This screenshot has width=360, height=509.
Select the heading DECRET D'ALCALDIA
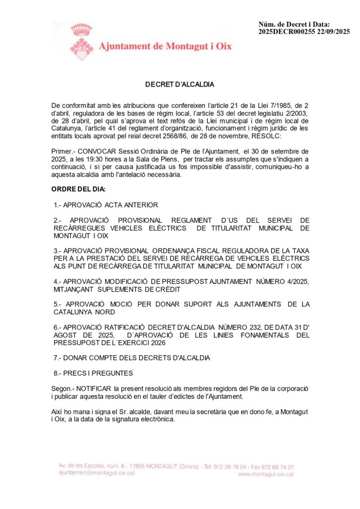pos(180,85)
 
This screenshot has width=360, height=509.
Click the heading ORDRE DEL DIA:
pos(79,190)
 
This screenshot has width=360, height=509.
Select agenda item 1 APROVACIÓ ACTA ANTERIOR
pos(106,205)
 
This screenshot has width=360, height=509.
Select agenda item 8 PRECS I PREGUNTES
pos(93,373)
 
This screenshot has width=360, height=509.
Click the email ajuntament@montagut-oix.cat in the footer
pos(97,473)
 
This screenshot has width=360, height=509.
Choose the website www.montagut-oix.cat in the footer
pos(266,474)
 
